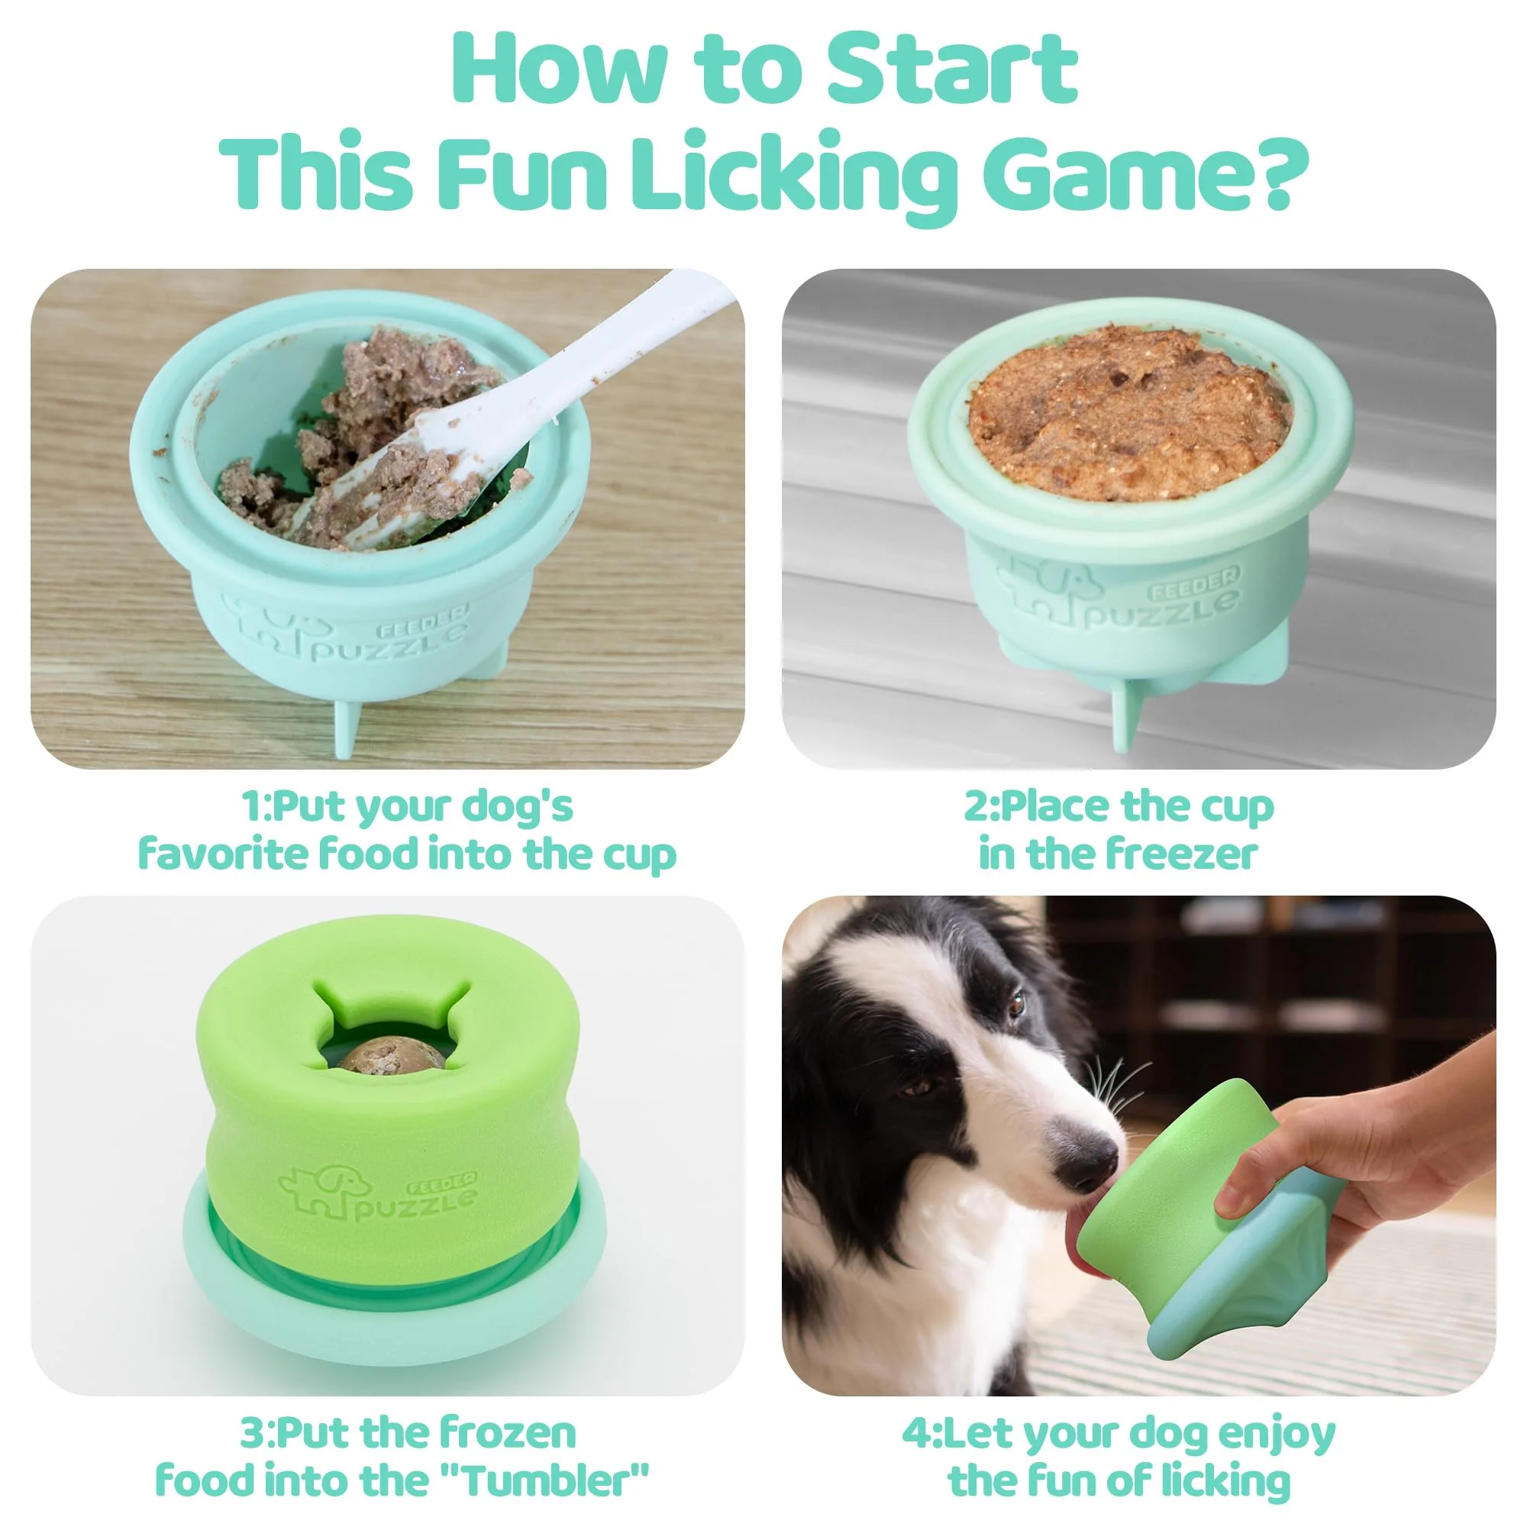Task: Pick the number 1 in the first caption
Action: pyautogui.click(x=252, y=807)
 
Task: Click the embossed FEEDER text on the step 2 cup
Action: pyautogui.click(x=1194, y=583)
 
